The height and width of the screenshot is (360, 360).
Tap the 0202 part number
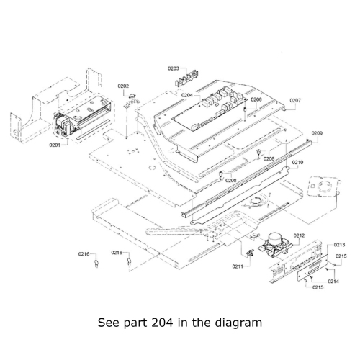123,86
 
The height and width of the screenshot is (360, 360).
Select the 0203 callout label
174,68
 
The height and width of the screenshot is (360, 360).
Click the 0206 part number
256,99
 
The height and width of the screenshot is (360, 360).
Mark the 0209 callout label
317,134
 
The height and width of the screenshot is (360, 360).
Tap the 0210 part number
297,163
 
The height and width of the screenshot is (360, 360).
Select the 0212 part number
300,235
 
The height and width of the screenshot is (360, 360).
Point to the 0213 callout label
339,245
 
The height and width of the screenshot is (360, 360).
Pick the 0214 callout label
334,281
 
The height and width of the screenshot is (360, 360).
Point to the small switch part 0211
250,252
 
